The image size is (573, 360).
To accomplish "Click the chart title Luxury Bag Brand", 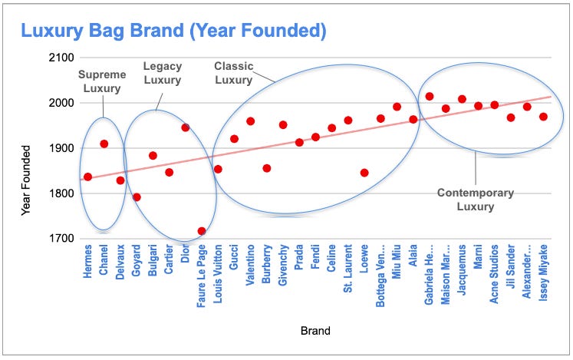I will click(173, 31).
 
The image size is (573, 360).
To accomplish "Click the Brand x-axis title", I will click(316, 332).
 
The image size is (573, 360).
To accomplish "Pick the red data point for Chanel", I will click(104, 144).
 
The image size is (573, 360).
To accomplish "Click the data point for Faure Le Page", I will click(202, 231).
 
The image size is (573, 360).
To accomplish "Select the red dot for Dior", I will click(186, 127).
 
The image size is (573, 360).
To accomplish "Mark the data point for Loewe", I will click(364, 173).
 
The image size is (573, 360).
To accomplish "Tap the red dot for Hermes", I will click(87, 177).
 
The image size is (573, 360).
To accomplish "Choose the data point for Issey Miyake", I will click(543, 117).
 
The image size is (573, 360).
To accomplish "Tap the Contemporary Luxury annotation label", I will click(476, 200).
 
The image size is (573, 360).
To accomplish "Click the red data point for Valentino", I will click(251, 121).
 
